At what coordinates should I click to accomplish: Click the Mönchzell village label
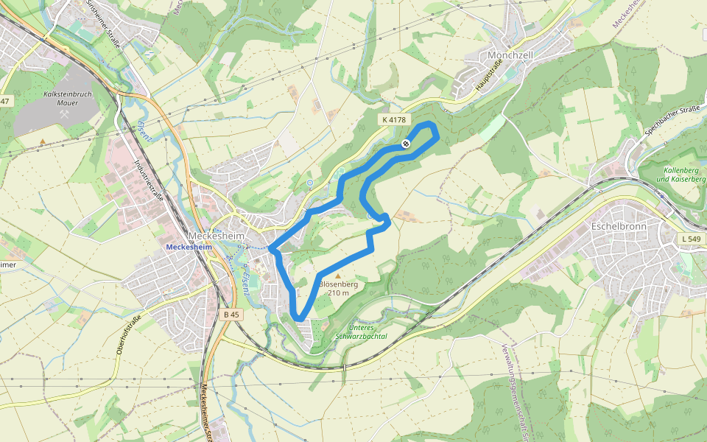(x=510, y=55)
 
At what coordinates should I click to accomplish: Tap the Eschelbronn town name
(x=619, y=226)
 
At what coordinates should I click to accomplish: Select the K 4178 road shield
(x=394, y=119)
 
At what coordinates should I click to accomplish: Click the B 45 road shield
(x=231, y=315)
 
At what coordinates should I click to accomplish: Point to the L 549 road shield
(x=692, y=239)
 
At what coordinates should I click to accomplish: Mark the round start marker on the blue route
(x=406, y=144)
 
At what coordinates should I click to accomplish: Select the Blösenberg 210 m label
(x=339, y=288)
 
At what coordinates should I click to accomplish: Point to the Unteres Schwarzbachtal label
(x=361, y=332)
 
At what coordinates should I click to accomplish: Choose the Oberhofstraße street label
(x=128, y=334)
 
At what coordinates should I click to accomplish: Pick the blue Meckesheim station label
(x=189, y=248)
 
